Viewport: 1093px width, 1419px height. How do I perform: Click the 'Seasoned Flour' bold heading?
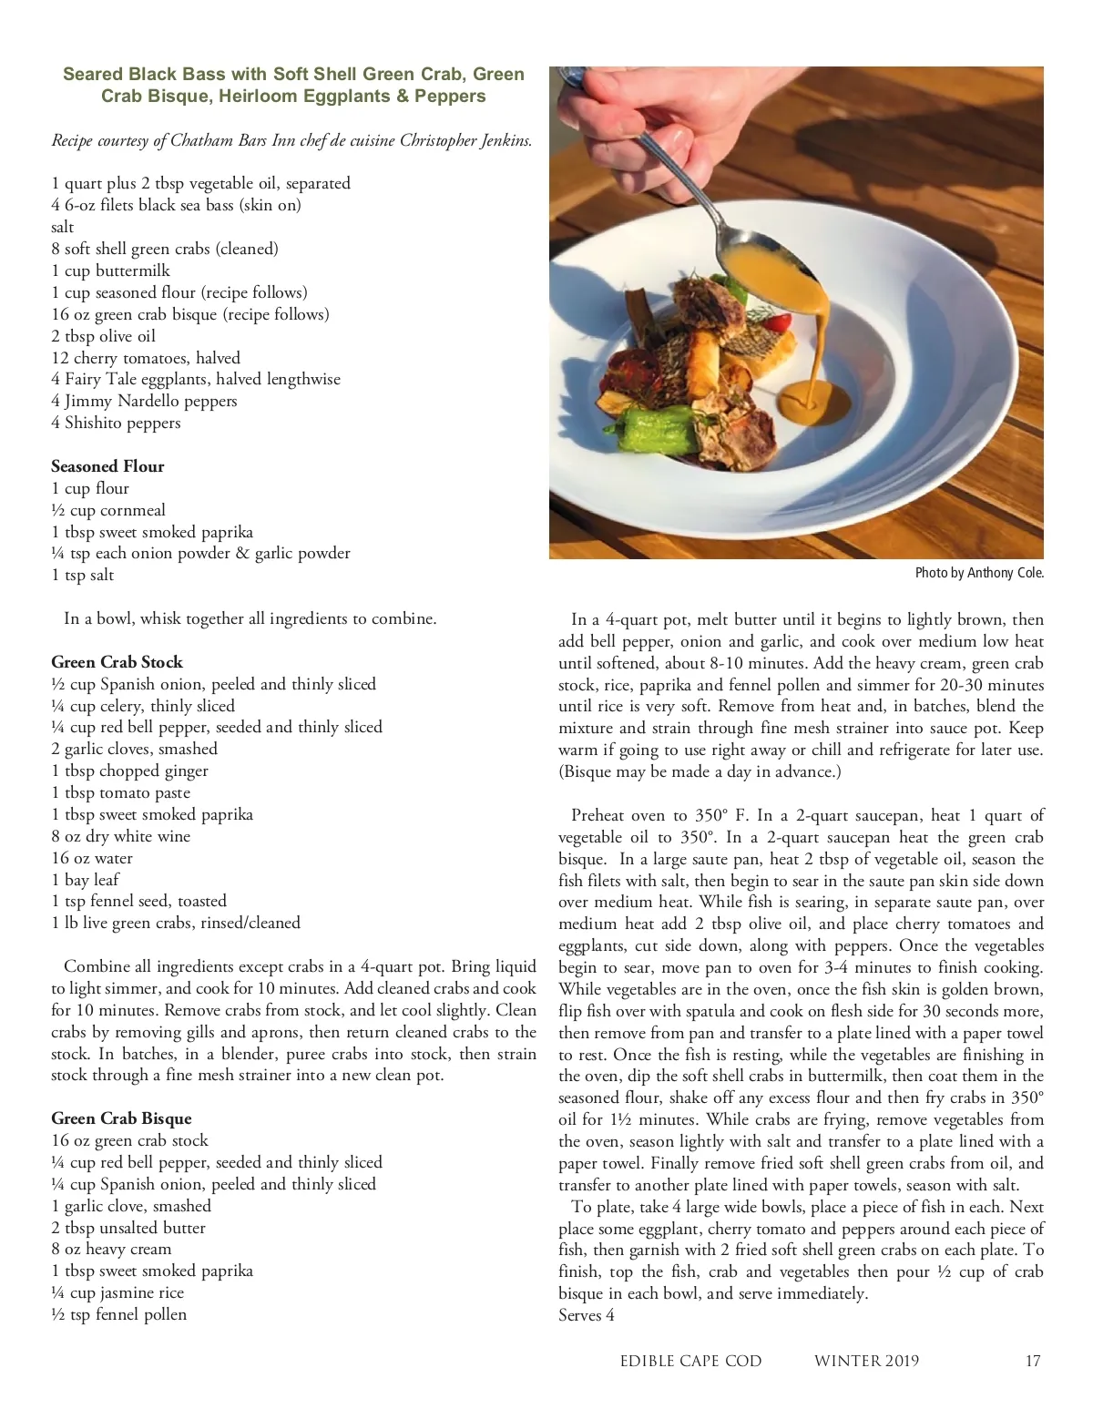[107, 466]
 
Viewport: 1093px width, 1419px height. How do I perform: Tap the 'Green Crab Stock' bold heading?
[117, 662]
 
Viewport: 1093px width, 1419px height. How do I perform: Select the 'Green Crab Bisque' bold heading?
[121, 1118]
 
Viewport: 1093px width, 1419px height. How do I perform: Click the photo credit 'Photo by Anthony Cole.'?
[979, 573]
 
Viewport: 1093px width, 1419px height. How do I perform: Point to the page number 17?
[1032, 1361]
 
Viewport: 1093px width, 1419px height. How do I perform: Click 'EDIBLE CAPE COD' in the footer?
[690, 1361]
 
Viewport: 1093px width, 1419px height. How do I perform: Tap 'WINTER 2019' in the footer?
[866, 1361]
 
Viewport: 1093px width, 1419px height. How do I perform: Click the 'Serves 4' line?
[587, 1315]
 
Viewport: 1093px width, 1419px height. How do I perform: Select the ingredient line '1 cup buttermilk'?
[110, 271]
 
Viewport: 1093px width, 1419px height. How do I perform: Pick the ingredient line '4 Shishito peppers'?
[116, 423]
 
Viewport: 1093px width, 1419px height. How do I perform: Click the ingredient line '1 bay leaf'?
[85, 880]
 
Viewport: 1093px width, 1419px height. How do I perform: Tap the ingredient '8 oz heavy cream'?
[111, 1249]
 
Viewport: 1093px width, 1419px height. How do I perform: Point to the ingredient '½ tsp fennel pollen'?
[118, 1314]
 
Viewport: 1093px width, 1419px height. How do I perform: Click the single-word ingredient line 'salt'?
[62, 227]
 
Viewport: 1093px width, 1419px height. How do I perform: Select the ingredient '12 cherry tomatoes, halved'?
[146, 358]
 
